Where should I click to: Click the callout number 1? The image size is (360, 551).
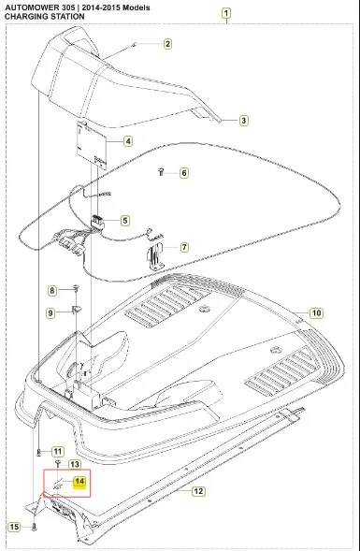[x=226, y=14]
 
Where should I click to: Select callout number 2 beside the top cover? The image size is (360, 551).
[x=167, y=44]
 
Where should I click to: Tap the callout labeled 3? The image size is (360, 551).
[x=243, y=121]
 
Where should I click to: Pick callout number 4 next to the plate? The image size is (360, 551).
[x=128, y=141]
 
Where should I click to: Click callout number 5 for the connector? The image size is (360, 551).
[x=124, y=221]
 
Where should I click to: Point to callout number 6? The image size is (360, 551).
[x=184, y=173]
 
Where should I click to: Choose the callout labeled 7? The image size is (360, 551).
[x=184, y=247]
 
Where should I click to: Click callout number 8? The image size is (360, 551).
[x=52, y=290]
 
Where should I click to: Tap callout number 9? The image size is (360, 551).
[x=50, y=312]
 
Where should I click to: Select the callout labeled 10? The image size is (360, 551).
[x=316, y=312]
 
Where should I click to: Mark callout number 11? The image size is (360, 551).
[x=58, y=451]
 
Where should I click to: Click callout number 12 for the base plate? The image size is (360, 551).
[x=198, y=491]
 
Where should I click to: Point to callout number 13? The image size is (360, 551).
[x=74, y=465]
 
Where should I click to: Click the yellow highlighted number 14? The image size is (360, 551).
[x=79, y=482]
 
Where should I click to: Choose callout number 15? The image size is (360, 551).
[x=15, y=527]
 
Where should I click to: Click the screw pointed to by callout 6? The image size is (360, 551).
[x=161, y=172]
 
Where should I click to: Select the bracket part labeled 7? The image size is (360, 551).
[x=154, y=257]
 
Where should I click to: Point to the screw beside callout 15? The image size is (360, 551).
[x=34, y=527]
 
